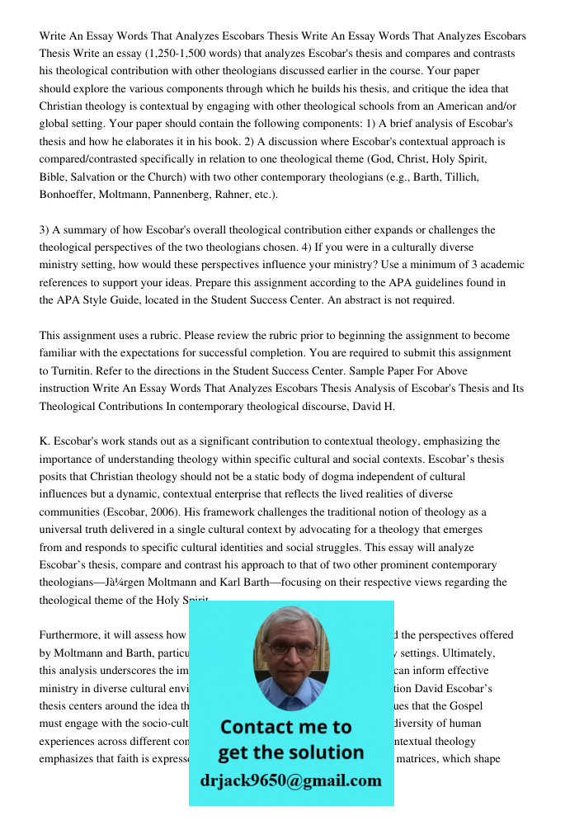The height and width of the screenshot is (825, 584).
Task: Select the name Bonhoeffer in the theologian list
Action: coord(75,195)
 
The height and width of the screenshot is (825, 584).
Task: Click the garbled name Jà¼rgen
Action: coord(134,582)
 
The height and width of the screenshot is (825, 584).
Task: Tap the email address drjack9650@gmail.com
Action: coord(290,780)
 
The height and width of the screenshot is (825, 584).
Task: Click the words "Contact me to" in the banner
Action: coord(286,727)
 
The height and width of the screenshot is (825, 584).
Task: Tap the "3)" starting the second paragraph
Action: coord(45,230)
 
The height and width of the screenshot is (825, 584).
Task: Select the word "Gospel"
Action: coord(464,705)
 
